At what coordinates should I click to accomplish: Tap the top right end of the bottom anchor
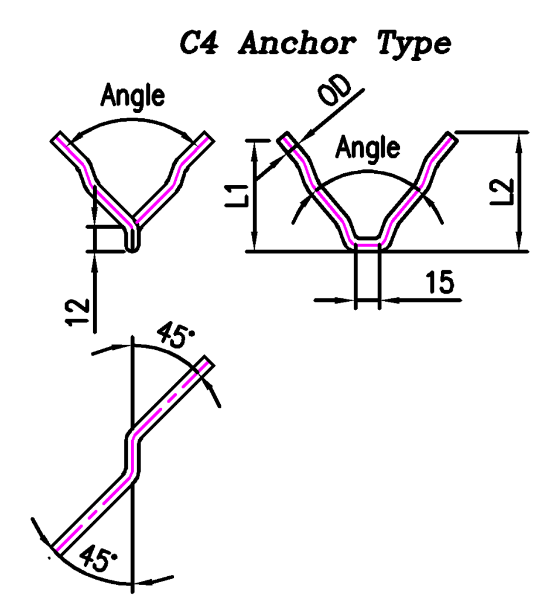(x=207, y=363)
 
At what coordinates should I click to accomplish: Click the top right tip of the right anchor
(x=449, y=138)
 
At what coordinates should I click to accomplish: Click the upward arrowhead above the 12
(x=94, y=261)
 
